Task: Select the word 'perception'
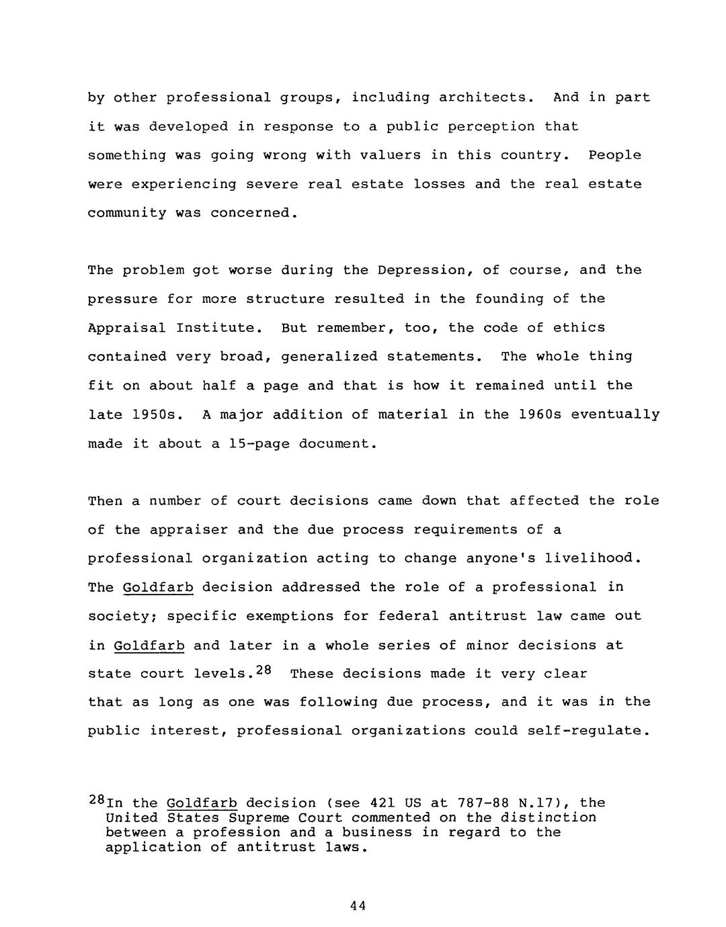coord(491,126)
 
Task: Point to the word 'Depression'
coord(421,270)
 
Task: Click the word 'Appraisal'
coord(127,328)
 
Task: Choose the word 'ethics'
coord(579,328)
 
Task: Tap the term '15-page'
coord(259,443)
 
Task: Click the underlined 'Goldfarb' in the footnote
coord(202,803)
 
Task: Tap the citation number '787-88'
coord(483,803)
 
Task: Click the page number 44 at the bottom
coord(358,906)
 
